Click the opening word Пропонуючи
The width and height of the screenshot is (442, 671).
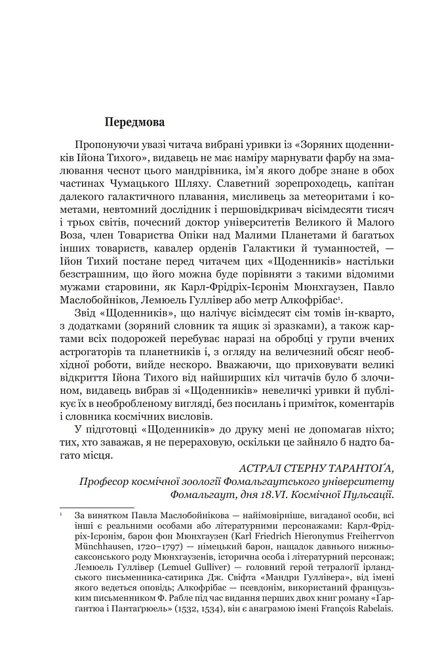point(108,144)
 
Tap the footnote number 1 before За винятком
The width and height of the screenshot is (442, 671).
point(61,514)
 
